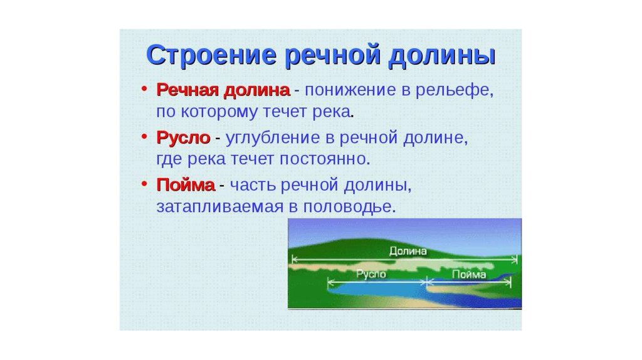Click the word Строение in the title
[211, 55]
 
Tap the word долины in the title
[441, 56]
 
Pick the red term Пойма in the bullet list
[186, 185]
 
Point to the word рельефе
[455, 91]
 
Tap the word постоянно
[325, 159]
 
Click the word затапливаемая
[220, 206]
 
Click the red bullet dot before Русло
[144, 136]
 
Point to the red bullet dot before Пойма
[144, 184]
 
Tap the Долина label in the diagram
[408, 251]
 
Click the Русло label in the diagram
[371, 274]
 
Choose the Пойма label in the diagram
[469, 274]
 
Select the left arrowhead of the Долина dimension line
[293, 259]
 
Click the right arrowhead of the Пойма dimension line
[509, 282]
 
